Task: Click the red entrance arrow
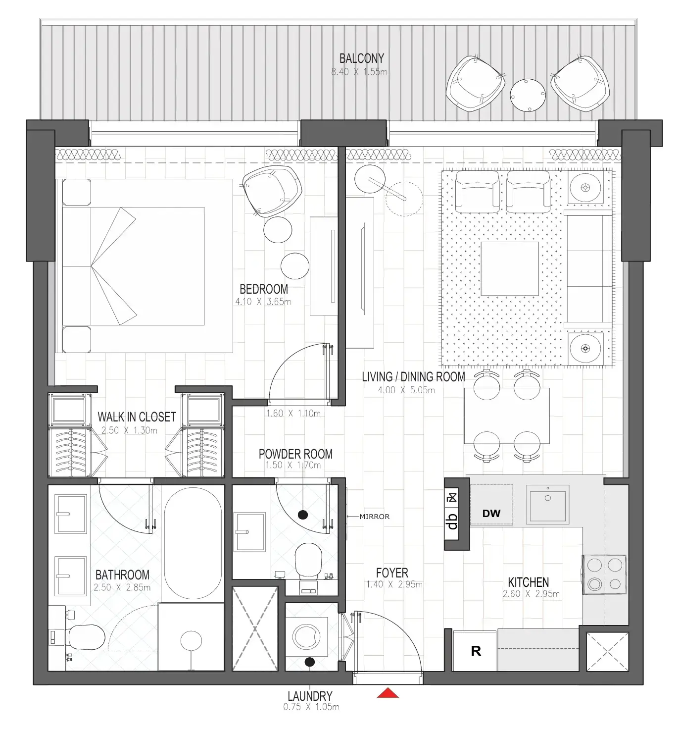point(388,693)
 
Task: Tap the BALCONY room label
point(361,58)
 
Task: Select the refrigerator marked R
point(475,651)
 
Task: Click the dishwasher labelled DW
point(491,513)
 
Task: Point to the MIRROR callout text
point(374,517)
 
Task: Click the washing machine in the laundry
point(307,636)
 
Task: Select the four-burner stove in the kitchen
point(604,574)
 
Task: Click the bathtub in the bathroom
point(193,545)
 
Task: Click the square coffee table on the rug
point(510,268)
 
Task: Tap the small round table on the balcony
point(528,95)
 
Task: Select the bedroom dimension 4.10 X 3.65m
point(263,302)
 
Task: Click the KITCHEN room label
point(528,582)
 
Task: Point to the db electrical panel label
point(452,521)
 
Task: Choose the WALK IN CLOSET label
point(137,417)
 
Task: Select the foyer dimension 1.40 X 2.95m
point(394,584)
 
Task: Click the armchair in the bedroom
point(272,191)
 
